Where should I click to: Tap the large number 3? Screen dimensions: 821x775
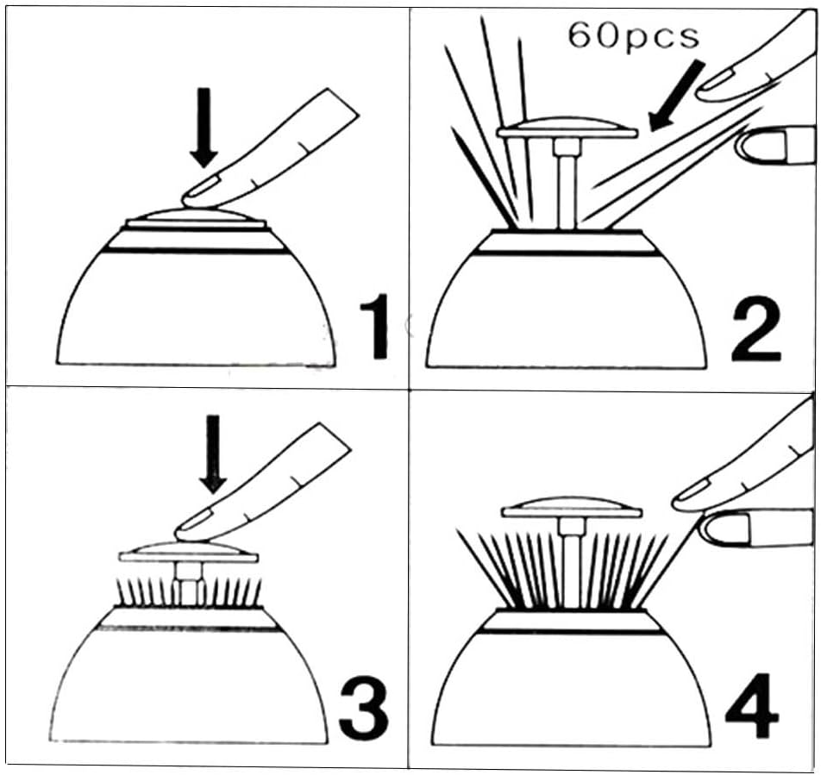(x=363, y=707)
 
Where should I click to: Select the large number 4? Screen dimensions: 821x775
(x=752, y=705)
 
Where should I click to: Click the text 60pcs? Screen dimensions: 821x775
(x=634, y=36)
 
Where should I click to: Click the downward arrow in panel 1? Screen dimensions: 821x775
(x=204, y=128)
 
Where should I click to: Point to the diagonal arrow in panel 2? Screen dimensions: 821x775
(x=676, y=96)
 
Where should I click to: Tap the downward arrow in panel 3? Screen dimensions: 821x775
(x=212, y=453)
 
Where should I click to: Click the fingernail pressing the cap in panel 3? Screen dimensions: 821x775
(x=195, y=519)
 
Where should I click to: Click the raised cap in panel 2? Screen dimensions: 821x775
(x=567, y=128)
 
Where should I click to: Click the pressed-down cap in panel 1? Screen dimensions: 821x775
(x=197, y=219)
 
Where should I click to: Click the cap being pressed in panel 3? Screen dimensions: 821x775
(x=189, y=552)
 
